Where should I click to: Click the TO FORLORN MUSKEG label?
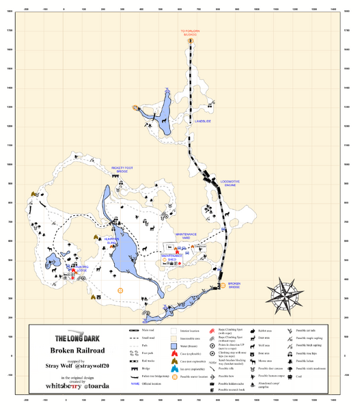point(192,32)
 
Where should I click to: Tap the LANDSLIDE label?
point(203,121)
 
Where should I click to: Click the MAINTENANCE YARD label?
point(186,236)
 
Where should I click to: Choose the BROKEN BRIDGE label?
point(234,285)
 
